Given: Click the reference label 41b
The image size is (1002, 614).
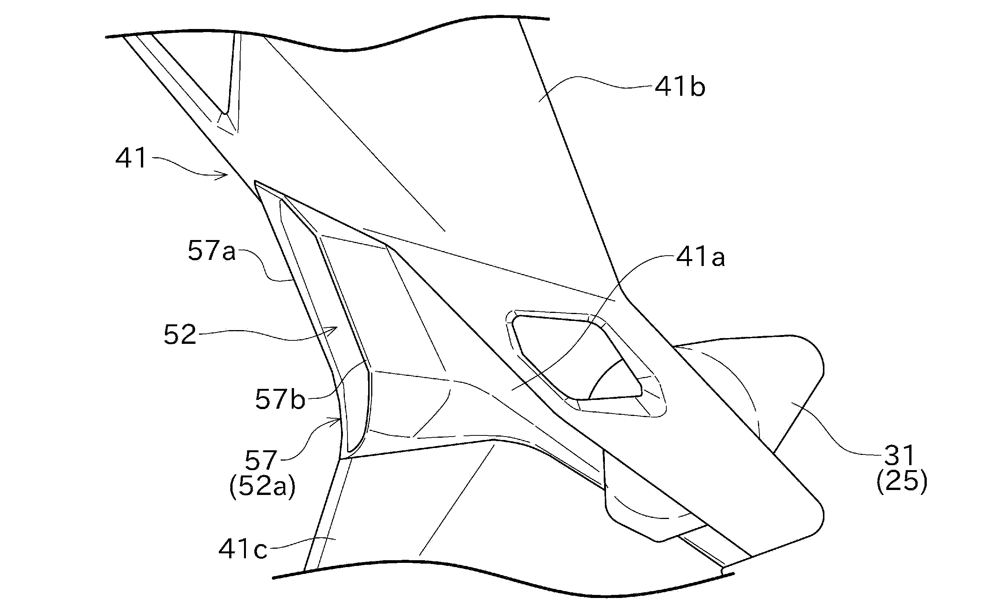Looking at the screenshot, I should [680, 88].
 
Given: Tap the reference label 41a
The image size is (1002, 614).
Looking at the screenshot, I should [700, 258].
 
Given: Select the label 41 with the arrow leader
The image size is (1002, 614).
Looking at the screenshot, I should [131, 158].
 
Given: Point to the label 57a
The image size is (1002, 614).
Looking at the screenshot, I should [212, 251].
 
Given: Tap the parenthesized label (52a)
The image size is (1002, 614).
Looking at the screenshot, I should [262, 487].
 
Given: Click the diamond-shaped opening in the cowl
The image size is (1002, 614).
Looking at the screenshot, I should [574, 358].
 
